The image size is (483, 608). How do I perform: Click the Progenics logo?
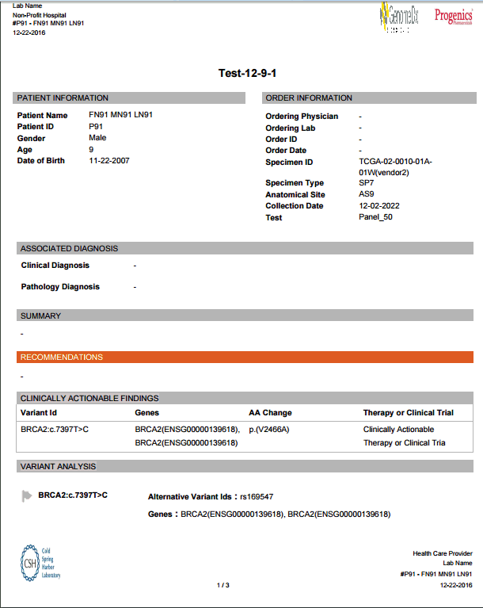pyautogui.click(x=453, y=15)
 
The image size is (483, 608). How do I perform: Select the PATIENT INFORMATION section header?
pyautogui.click(x=63, y=98)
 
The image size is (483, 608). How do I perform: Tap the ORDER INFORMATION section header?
pyautogui.click(x=309, y=98)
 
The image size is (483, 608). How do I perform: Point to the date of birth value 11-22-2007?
pyautogui.click(x=109, y=161)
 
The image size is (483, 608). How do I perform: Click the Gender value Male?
pyautogui.click(x=97, y=139)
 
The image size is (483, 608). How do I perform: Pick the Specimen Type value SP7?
pyautogui.click(x=367, y=183)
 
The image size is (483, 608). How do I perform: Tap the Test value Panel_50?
pyautogui.click(x=376, y=217)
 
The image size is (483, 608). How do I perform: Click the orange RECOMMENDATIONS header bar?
pyautogui.click(x=245, y=358)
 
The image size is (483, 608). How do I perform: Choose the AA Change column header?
pyautogui.click(x=270, y=413)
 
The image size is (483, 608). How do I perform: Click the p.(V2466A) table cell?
pyautogui.click(x=269, y=430)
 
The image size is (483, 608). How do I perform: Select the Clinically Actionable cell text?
pyautogui.click(x=398, y=430)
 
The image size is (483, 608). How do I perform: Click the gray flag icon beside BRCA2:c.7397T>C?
pyautogui.click(x=28, y=496)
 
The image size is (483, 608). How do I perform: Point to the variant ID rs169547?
pyautogui.click(x=257, y=497)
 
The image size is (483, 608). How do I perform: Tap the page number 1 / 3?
pyautogui.click(x=222, y=585)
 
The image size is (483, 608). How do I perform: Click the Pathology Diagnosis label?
pyautogui.click(x=60, y=287)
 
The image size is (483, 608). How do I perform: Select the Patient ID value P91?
pyautogui.click(x=96, y=127)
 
